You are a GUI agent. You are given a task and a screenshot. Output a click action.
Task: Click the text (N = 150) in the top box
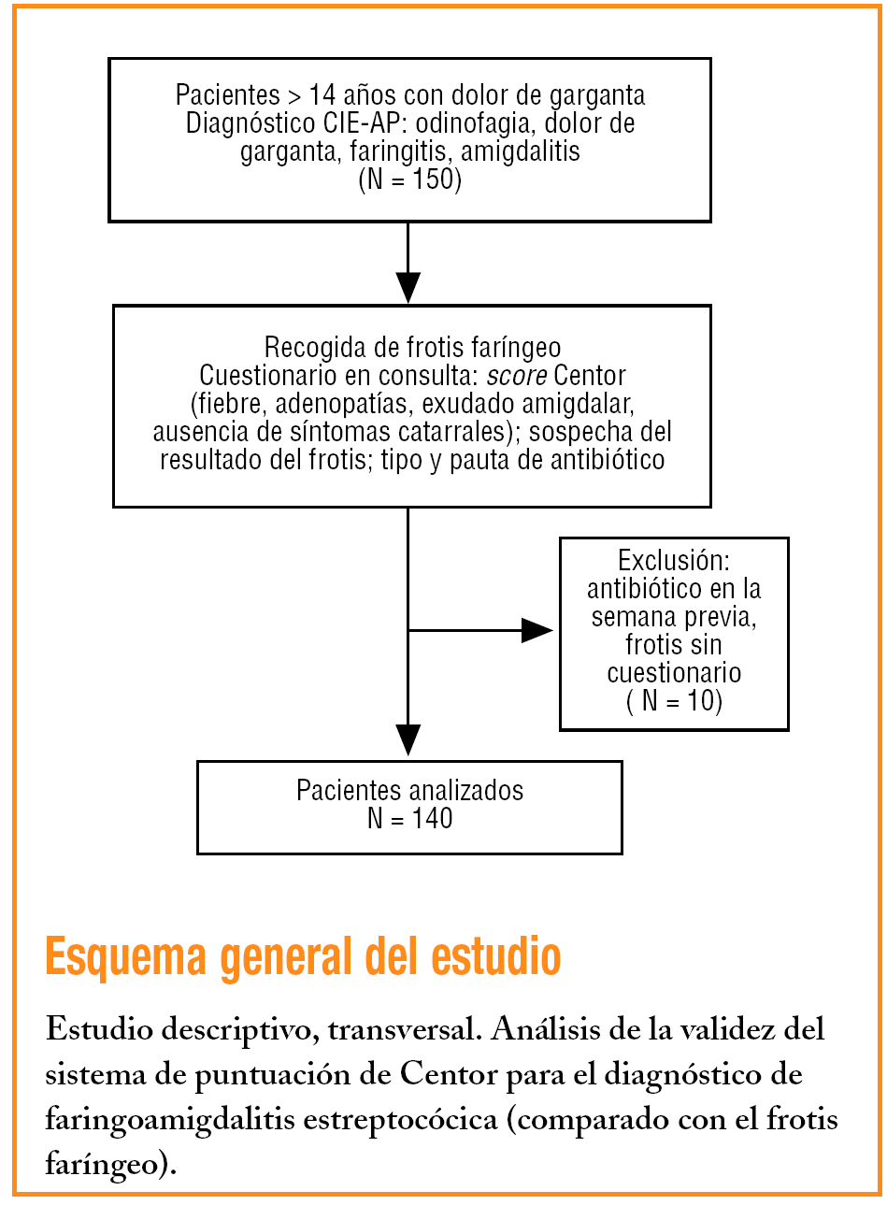(x=409, y=179)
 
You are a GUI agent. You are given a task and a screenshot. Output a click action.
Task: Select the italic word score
(x=516, y=376)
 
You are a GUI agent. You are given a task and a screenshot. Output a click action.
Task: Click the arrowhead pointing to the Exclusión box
(x=536, y=630)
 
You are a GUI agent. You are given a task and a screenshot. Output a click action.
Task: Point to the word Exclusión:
(x=673, y=561)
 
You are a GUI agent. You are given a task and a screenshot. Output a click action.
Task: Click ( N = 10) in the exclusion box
(x=674, y=701)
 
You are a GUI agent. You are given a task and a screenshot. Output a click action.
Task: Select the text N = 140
(x=409, y=819)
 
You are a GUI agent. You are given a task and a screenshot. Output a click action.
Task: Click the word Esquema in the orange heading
(x=125, y=956)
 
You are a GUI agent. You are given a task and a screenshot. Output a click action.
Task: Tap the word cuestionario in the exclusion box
(x=674, y=673)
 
